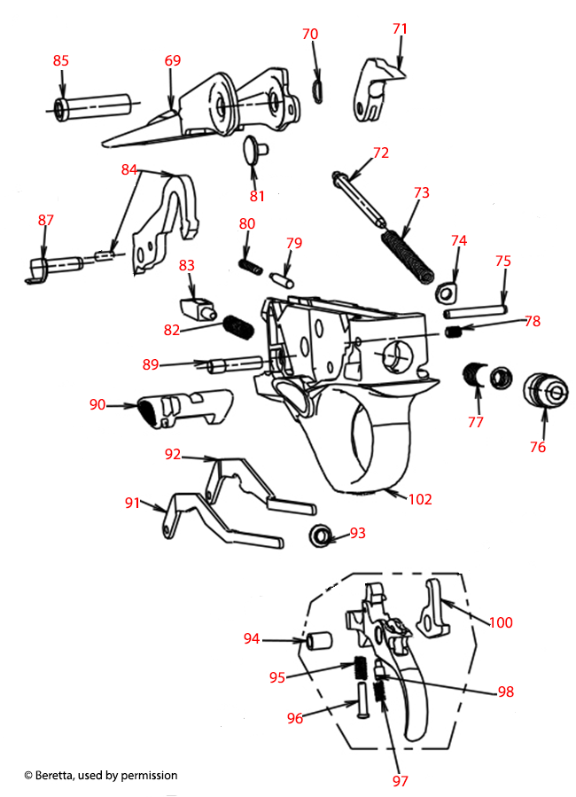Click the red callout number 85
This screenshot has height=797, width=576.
(60, 60)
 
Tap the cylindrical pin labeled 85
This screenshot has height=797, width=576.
(92, 106)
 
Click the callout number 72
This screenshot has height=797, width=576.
(380, 152)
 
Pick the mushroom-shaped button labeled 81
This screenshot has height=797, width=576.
(256, 148)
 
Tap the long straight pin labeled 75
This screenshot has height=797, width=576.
(476, 310)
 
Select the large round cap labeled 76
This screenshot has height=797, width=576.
(544, 390)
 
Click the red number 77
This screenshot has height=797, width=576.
(476, 422)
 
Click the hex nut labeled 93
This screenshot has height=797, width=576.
(321, 535)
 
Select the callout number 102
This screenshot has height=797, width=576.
(419, 499)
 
